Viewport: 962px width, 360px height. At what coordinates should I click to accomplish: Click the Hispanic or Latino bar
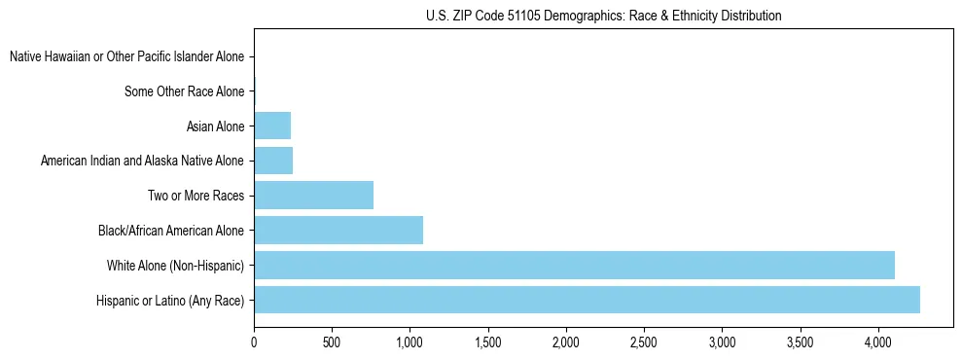(x=587, y=300)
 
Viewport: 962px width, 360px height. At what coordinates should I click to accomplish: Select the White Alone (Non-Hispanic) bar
(x=574, y=265)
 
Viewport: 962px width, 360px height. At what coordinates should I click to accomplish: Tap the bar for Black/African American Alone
(x=338, y=231)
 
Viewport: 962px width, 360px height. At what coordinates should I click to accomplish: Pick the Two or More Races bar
(x=313, y=196)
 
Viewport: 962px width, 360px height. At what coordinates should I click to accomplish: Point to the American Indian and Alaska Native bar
(x=273, y=161)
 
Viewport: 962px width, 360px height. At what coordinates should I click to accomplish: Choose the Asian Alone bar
(x=272, y=126)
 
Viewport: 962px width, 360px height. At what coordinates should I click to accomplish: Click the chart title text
(x=604, y=16)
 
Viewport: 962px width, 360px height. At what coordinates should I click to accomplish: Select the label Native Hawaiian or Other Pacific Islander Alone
(x=126, y=57)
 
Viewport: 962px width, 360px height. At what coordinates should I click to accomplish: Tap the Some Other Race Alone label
(x=185, y=91)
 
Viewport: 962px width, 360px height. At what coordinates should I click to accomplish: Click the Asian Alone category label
(x=215, y=126)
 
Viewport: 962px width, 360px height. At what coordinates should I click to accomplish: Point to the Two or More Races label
(x=196, y=196)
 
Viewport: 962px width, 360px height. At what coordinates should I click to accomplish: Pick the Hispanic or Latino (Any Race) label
(x=170, y=300)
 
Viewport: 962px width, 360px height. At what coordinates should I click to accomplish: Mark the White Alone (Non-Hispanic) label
(x=175, y=265)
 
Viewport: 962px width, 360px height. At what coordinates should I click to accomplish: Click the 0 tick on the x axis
(x=254, y=343)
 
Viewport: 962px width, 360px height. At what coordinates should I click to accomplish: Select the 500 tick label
(x=332, y=343)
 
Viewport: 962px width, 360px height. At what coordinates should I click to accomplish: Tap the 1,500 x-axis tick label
(x=488, y=343)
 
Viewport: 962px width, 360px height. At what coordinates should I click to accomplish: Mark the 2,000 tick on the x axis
(x=566, y=343)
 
